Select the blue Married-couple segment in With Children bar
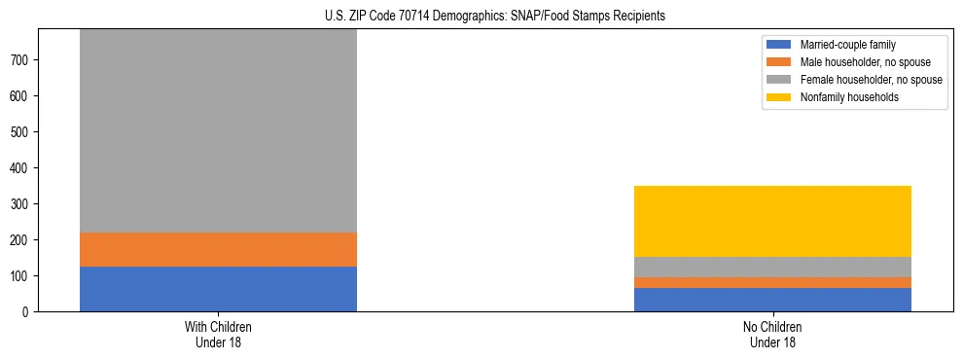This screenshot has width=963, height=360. [218, 289]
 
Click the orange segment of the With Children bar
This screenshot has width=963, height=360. [218, 249]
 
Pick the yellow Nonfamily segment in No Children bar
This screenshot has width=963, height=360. [772, 221]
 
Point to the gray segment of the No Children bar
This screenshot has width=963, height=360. [772, 267]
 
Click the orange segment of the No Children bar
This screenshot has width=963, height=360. [772, 282]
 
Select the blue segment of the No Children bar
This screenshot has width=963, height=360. [772, 300]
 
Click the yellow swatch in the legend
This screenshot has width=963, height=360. [779, 97]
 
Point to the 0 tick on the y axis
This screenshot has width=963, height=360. [28, 311]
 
